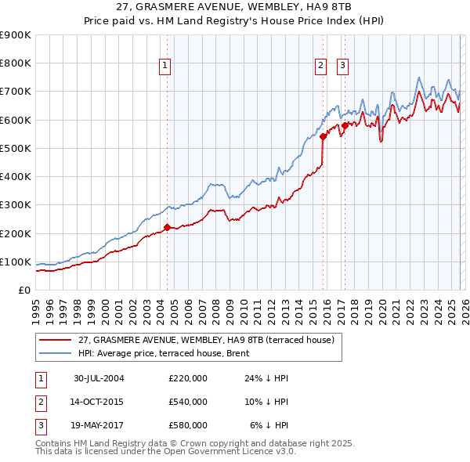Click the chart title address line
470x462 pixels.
point(234,9)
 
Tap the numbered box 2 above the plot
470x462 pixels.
point(321,67)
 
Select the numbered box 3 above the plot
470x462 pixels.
point(343,67)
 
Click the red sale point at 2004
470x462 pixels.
point(167,228)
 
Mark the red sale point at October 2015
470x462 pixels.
point(323,136)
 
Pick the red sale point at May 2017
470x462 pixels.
point(345,125)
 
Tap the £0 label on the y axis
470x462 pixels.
point(23,291)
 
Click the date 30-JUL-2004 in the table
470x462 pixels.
point(99,378)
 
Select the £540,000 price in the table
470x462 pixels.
point(188,402)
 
